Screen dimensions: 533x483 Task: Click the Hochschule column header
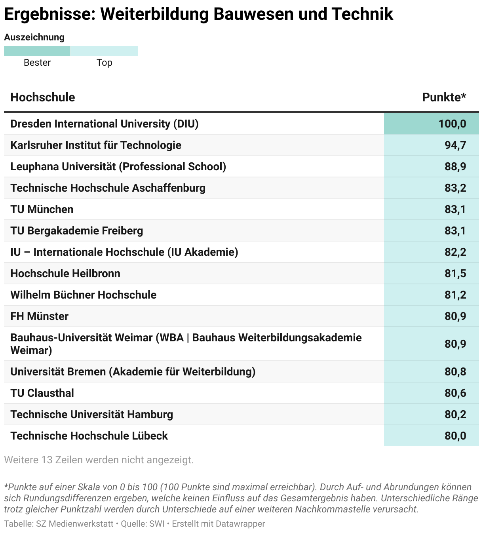pyautogui.click(x=43, y=97)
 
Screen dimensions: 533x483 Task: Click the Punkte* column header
pyautogui.click(x=444, y=97)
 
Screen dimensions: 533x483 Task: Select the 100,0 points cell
pyautogui.click(x=452, y=124)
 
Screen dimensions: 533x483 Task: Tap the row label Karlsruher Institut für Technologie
pyautogui.click(x=96, y=145)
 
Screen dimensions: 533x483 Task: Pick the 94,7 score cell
pyautogui.click(x=455, y=145)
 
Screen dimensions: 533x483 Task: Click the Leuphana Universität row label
pyautogui.click(x=118, y=167)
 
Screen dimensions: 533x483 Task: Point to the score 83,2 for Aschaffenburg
pyautogui.click(x=455, y=188)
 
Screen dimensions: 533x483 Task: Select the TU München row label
pyautogui.click(x=42, y=209)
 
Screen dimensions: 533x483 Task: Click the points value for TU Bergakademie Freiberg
pyautogui.click(x=455, y=231)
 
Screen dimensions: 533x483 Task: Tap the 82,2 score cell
pyautogui.click(x=455, y=252)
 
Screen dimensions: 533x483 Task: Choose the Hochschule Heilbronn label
pyautogui.click(x=65, y=274)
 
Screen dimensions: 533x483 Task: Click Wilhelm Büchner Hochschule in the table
pyautogui.click(x=83, y=295)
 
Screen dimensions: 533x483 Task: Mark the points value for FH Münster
pyautogui.click(x=455, y=316)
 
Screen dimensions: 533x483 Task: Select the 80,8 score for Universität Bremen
pyautogui.click(x=455, y=372)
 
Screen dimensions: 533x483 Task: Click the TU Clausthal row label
pyautogui.click(x=42, y=393)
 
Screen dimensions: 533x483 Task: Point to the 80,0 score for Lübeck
pyautogui.click(x=455, y=436)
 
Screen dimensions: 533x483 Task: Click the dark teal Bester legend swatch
pyautogui.click(x=37, y=51)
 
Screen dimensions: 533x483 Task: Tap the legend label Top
pyautogui.click(x=105, y=63)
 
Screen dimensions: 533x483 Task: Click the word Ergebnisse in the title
pyautogui.click(x=49, y=14)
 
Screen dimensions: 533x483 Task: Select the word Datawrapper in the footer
pyautogui.click(x=241, y=524)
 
